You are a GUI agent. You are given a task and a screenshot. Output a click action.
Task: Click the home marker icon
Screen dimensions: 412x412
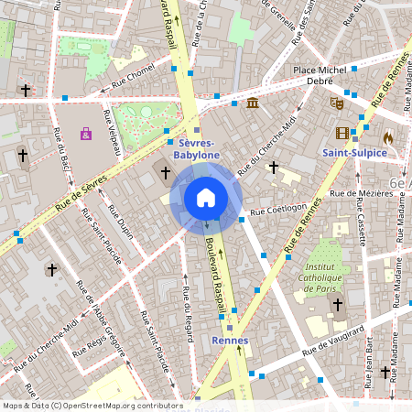tap(206, 198)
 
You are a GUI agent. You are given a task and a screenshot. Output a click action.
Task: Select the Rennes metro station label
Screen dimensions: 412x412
tap(230, 341)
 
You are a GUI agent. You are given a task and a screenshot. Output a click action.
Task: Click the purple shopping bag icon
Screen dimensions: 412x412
tap(86, 135)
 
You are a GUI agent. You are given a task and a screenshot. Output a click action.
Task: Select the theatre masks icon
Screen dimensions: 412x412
tap(337, 104)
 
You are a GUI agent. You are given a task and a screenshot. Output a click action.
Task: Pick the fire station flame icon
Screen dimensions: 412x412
tap(388, 136)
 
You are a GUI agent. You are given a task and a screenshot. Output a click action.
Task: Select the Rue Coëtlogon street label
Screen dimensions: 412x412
tap(278, 209)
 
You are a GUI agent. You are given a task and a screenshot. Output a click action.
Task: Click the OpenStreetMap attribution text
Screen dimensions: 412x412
tap(92, 405)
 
